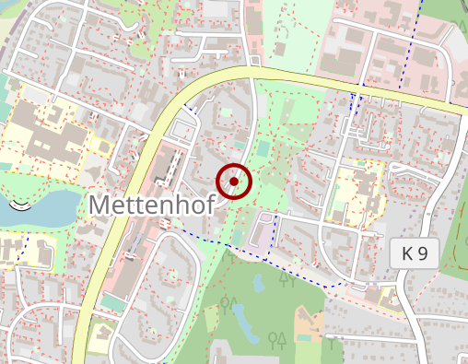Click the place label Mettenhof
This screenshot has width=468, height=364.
[x=153, y=205]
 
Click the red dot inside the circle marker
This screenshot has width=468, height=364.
[x=235, y=182]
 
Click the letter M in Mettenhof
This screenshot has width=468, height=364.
[x=102, y=205]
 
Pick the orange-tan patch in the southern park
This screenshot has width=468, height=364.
[x=310, y=323]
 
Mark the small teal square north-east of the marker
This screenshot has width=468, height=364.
[x=264, y=147]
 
